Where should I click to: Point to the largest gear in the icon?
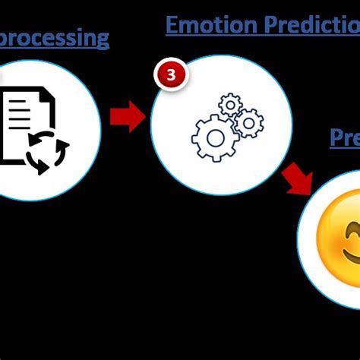[x=216, y=137]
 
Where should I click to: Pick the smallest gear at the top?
[x=229, y=103]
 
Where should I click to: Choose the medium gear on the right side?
[x=248, y=122]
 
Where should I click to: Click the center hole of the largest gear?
[x=216, y=137]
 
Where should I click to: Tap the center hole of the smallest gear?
[x=229, y=103]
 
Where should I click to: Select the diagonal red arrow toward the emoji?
[x=298, y=179]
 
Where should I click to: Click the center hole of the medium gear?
[x=248, y=122]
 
